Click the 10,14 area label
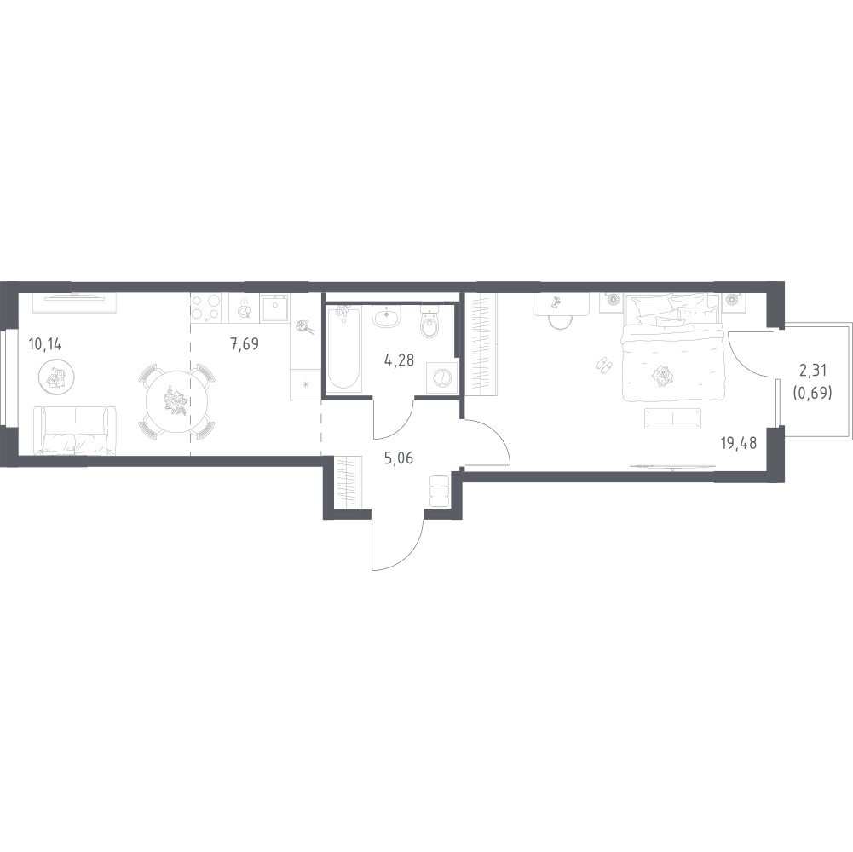point(44,344)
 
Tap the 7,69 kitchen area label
point(245,344)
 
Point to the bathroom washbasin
point(387,315)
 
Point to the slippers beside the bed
point(604,365)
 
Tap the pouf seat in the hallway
point(439,492)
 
